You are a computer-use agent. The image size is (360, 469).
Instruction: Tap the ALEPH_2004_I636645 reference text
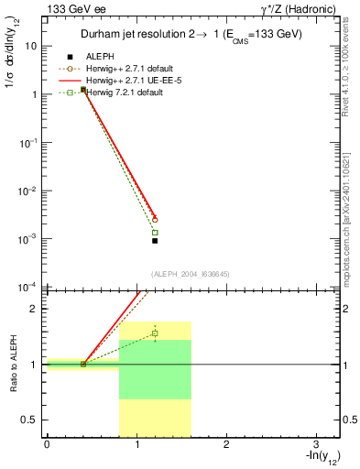[191, 273]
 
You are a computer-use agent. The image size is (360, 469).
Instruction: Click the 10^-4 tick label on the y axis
[27, 287]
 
